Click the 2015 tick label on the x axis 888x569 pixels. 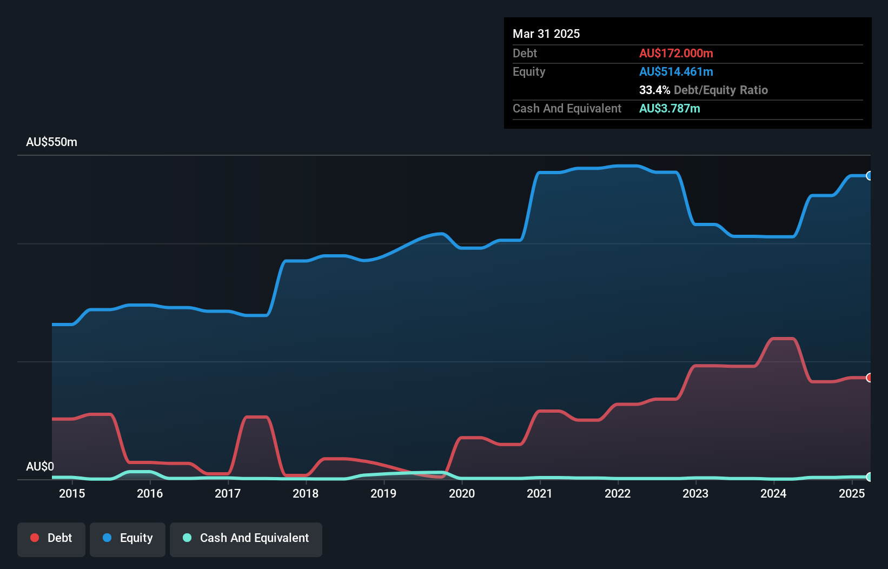point(72,493)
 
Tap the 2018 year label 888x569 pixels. point(306,493)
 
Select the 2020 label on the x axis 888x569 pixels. point(462,493)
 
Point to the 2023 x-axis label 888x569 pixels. point(695,493)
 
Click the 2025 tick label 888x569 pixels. point(852,493)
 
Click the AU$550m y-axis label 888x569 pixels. point(51,142)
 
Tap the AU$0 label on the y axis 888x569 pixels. point(40,466)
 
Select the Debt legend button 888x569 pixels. point(51,538)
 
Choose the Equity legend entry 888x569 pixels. point(128,538)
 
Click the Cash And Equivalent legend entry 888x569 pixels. point(246,538)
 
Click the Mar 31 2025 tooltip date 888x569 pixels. point(546,34)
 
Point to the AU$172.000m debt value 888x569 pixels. point(676,53)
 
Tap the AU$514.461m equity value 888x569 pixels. point(676,71)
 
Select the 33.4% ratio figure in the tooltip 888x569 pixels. point(654,90)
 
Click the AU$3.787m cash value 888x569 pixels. point(670,108)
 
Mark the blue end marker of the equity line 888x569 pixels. point(870,176)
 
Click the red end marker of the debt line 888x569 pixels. point(870,378)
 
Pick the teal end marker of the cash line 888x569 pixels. point(870,477)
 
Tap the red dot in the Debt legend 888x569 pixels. point(35,538)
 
